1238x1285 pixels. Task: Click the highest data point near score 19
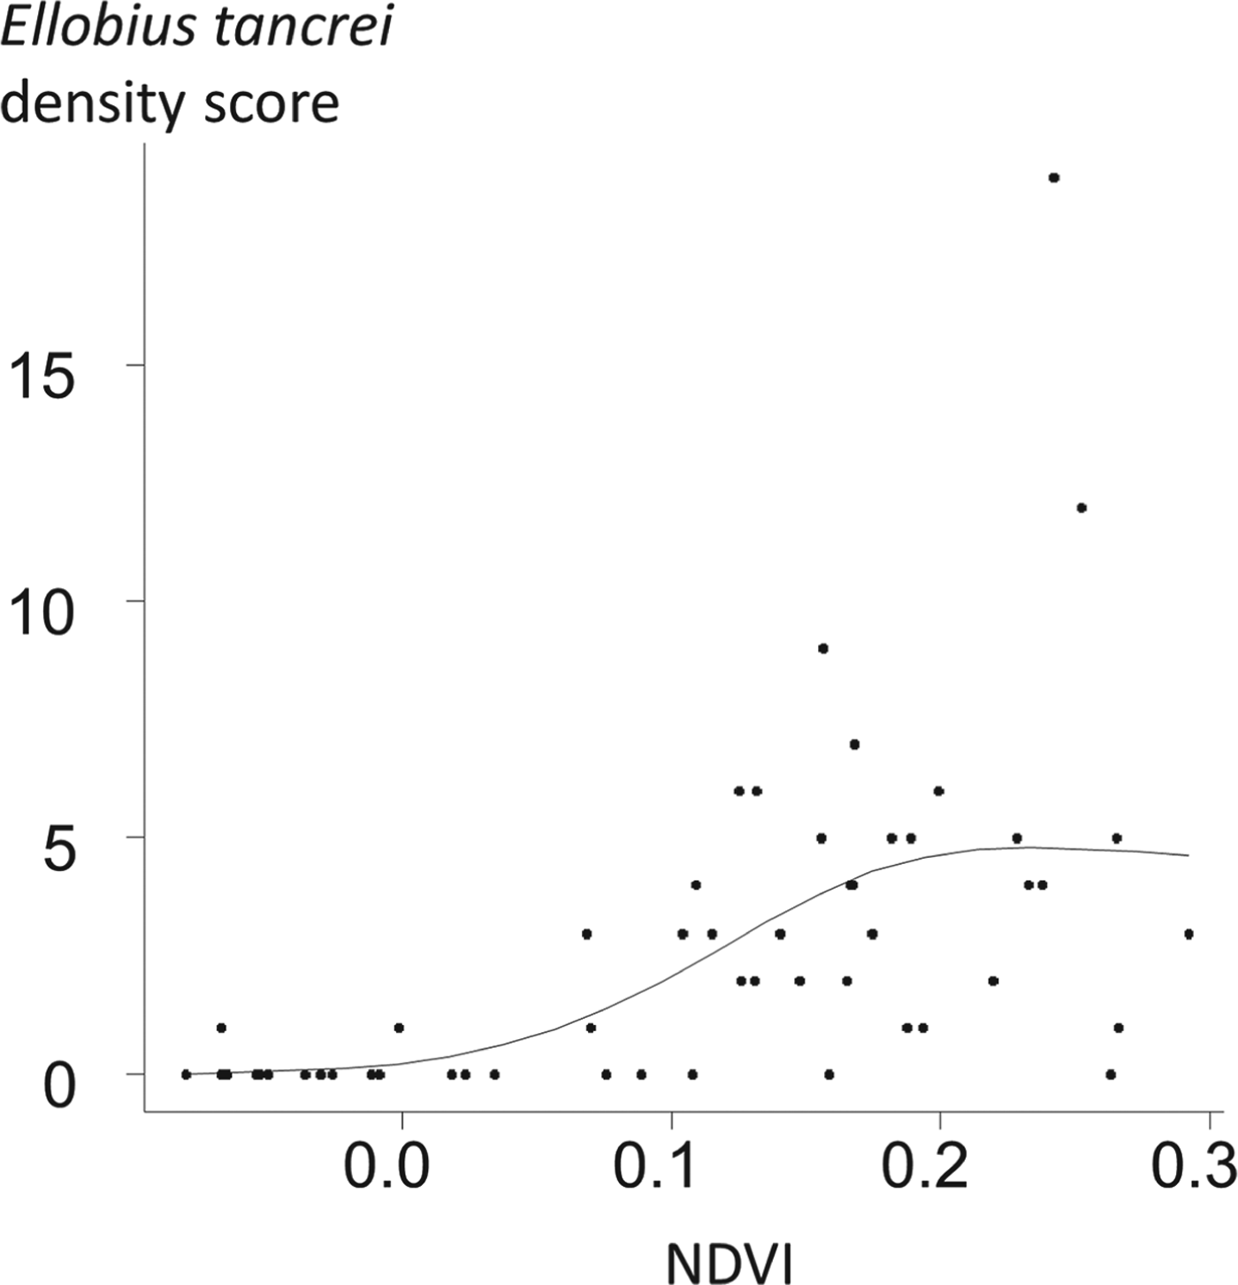coord(1053,178)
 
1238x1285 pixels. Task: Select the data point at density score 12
coord(1081,508)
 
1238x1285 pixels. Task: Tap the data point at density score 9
coord(822,648)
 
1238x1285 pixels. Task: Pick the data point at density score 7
coord(854,744)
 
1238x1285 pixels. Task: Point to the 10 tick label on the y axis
coord(40,614)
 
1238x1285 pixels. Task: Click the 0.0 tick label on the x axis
coord(386,1167)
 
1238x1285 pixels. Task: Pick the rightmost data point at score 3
coord(1188,934)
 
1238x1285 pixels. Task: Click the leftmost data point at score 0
coord(186,1075)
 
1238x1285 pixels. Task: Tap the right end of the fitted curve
coord(1188,855)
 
